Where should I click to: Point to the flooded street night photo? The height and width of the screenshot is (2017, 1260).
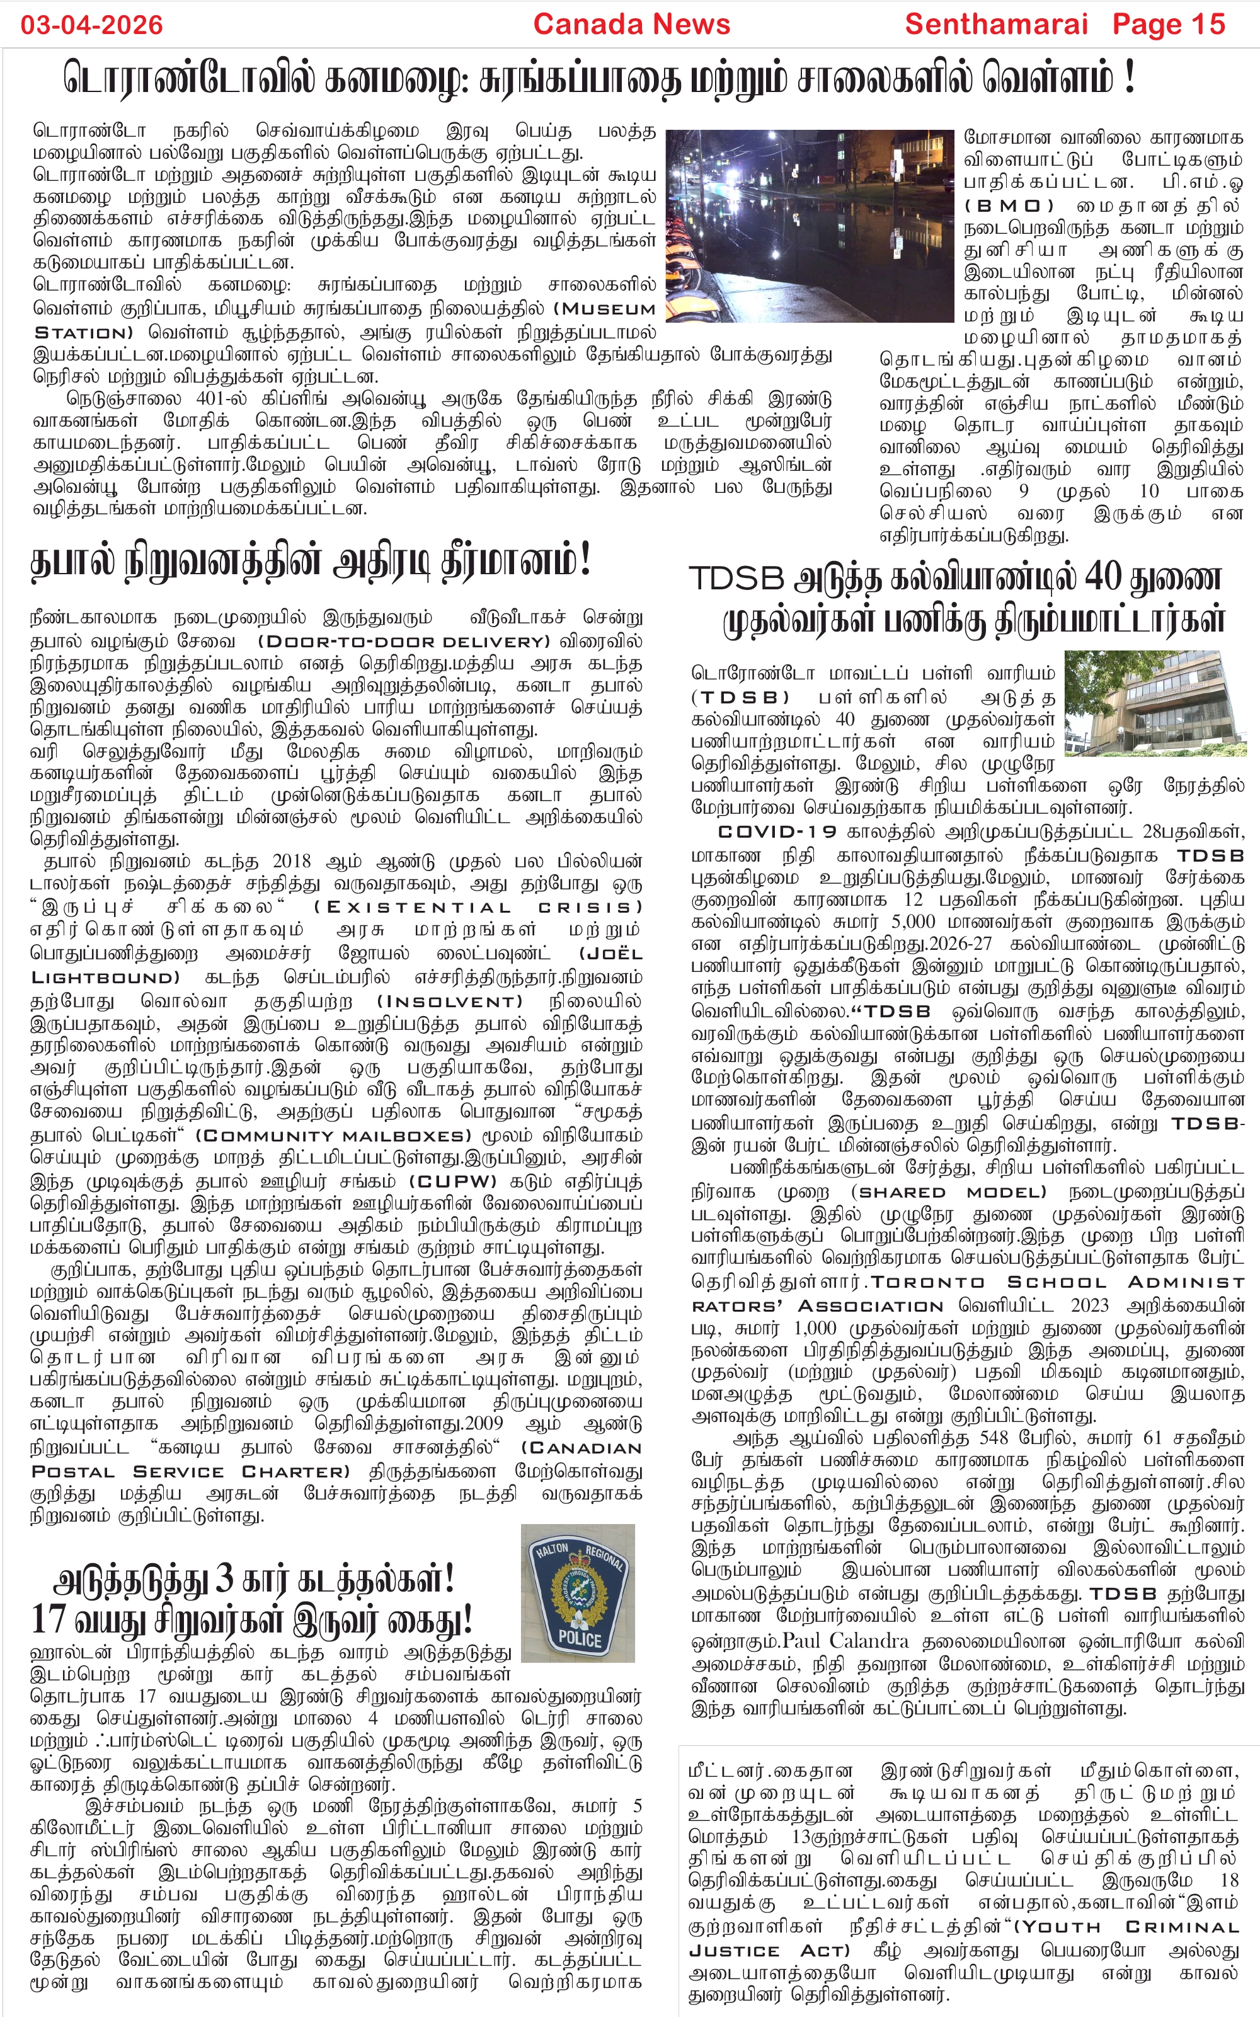(808, 225)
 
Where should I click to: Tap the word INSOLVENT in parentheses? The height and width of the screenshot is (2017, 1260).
(449, 1001)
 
